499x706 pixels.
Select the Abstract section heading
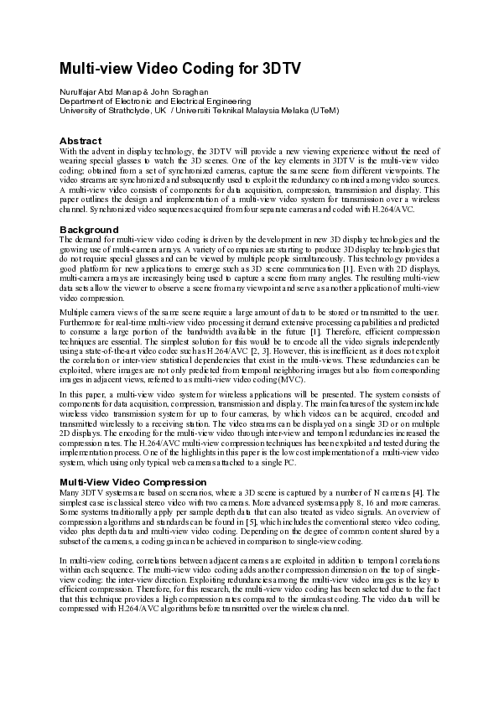click(x=80, y=141)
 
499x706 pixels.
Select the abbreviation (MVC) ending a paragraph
click(x=290, y=380)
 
